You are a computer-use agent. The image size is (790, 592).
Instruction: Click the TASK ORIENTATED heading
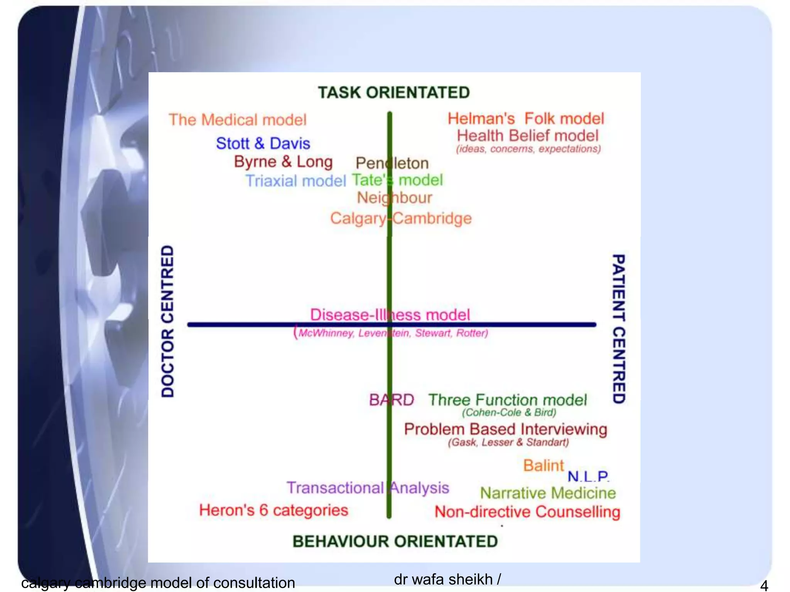point(394,93)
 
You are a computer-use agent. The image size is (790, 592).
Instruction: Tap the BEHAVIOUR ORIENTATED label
point(395,542)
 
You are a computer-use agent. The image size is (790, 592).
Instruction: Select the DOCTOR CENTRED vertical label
point(167,321)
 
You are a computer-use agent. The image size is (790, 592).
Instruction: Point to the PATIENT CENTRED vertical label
point(619,329)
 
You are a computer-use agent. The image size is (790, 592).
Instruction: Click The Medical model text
point(238,120)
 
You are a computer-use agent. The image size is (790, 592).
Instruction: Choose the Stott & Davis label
point(263,143)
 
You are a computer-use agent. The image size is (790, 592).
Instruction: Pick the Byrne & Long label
point(283,162)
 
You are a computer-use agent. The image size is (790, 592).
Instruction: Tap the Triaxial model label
point(296,181)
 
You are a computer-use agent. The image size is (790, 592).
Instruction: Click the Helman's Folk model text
point(526,119)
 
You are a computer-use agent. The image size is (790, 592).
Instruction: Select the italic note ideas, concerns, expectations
point(528,149)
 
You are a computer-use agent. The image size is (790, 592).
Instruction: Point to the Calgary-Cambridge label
point(401,219)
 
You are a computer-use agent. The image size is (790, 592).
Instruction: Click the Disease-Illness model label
point(390,315)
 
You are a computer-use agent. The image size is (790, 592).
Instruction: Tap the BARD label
point(392,400)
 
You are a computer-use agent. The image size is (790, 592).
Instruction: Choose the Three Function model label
point(508,400)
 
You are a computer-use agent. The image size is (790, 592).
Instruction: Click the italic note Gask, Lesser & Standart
point(508,442)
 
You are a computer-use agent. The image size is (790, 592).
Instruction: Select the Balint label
point(544,466)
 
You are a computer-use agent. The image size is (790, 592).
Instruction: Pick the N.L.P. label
point(588,477)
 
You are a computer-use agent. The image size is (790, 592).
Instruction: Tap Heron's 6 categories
point(273,510)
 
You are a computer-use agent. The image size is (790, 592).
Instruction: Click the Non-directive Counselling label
point(527,512)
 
